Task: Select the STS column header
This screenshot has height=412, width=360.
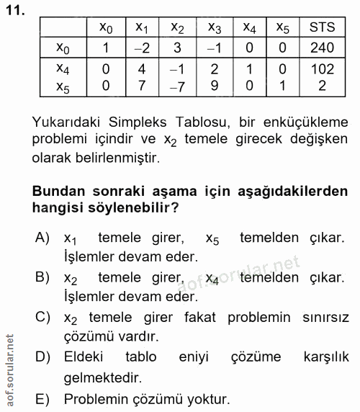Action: click(322, 28)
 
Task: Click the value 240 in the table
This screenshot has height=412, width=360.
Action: click(322, 48)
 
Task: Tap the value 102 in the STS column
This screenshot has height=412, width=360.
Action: click(322, 70)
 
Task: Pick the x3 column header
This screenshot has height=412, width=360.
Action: click(214, 29)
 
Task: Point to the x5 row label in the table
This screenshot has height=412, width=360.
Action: click(63, 86)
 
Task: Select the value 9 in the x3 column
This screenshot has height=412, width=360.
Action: click(214, 86)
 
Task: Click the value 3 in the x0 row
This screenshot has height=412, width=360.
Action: click(177, 48)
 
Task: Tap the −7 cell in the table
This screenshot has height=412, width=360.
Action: click(177, 86)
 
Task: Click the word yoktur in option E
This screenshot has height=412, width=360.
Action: click(209, 397)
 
